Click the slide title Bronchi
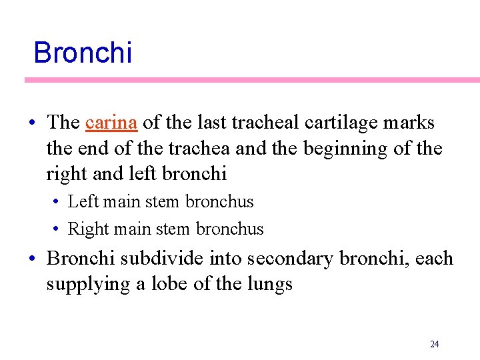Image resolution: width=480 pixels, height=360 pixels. click(83, 53)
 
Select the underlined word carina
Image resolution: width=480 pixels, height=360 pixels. click(111, 123)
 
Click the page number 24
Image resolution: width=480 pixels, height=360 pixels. click(435, 344)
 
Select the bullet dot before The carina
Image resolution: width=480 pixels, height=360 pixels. click(33, 123)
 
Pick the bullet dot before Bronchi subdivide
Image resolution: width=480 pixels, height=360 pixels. click(33, 259)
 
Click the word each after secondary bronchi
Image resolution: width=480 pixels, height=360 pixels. click(434, 259)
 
